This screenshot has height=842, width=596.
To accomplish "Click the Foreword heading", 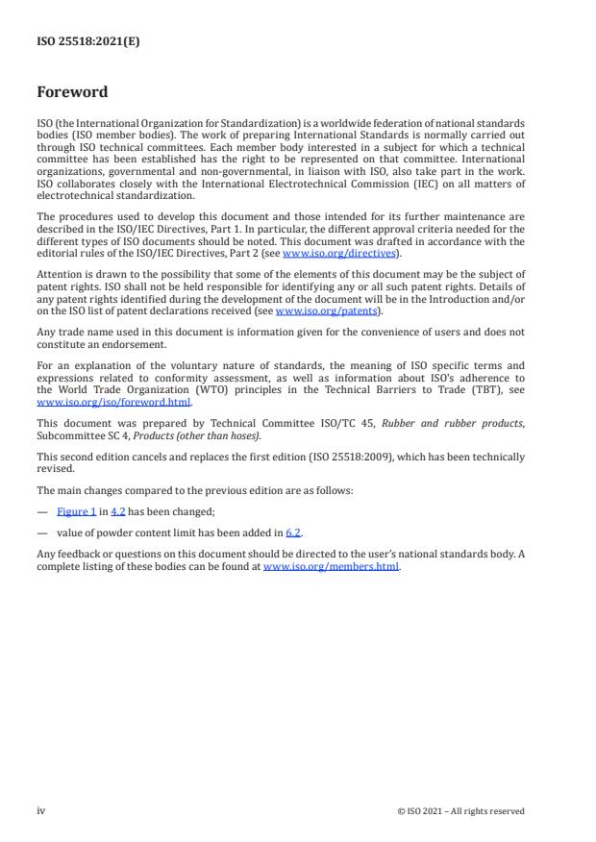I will point(72,92).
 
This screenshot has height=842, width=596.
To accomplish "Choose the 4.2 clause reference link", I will point(119,512).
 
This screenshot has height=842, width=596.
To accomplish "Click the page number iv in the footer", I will point(41,810).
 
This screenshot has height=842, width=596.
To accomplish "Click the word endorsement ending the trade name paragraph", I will point(138,343).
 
